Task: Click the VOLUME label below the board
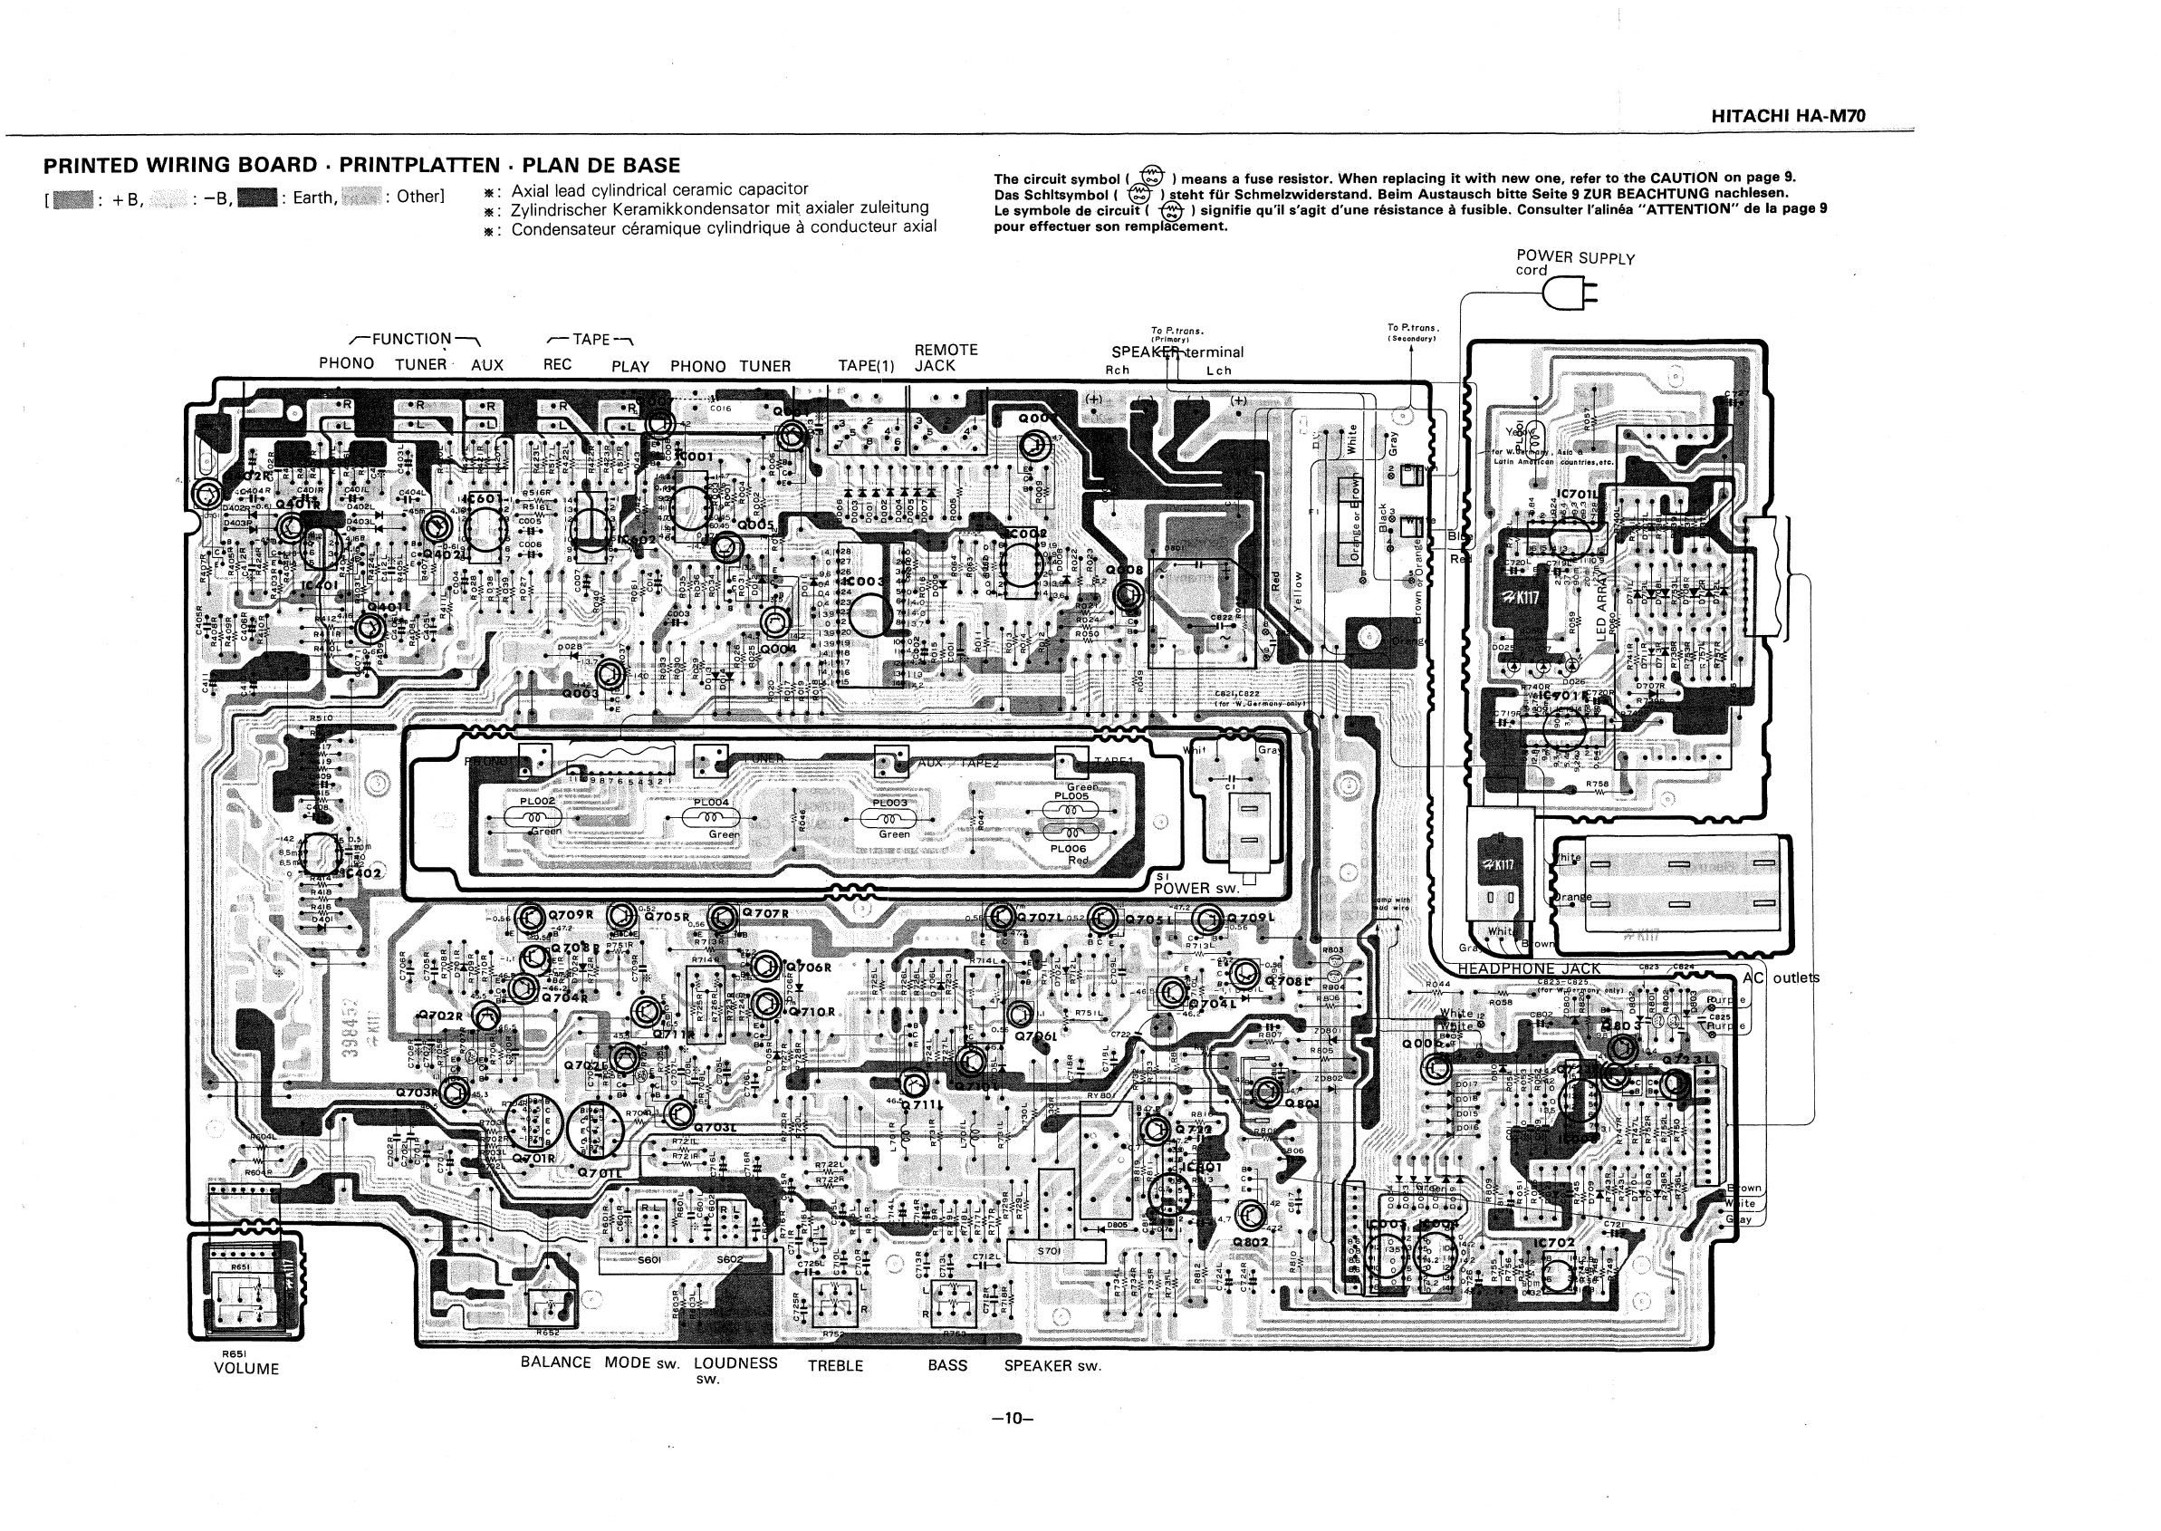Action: [246, 1369]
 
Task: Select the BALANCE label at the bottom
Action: [555, 1362]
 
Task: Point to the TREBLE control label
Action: [835, 1365]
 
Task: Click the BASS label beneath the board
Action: [947, 1365]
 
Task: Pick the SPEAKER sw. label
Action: [1052, 1365]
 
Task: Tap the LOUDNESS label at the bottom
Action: [735, 1362]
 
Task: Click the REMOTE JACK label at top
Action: [946, 357]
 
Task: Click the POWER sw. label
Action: [1195, 888]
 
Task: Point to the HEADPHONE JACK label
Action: [1529, 968]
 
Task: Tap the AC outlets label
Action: [1781, 977]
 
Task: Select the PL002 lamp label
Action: [537, 802]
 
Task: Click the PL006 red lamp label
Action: [1069, 849]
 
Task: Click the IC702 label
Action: [1554, 1244]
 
